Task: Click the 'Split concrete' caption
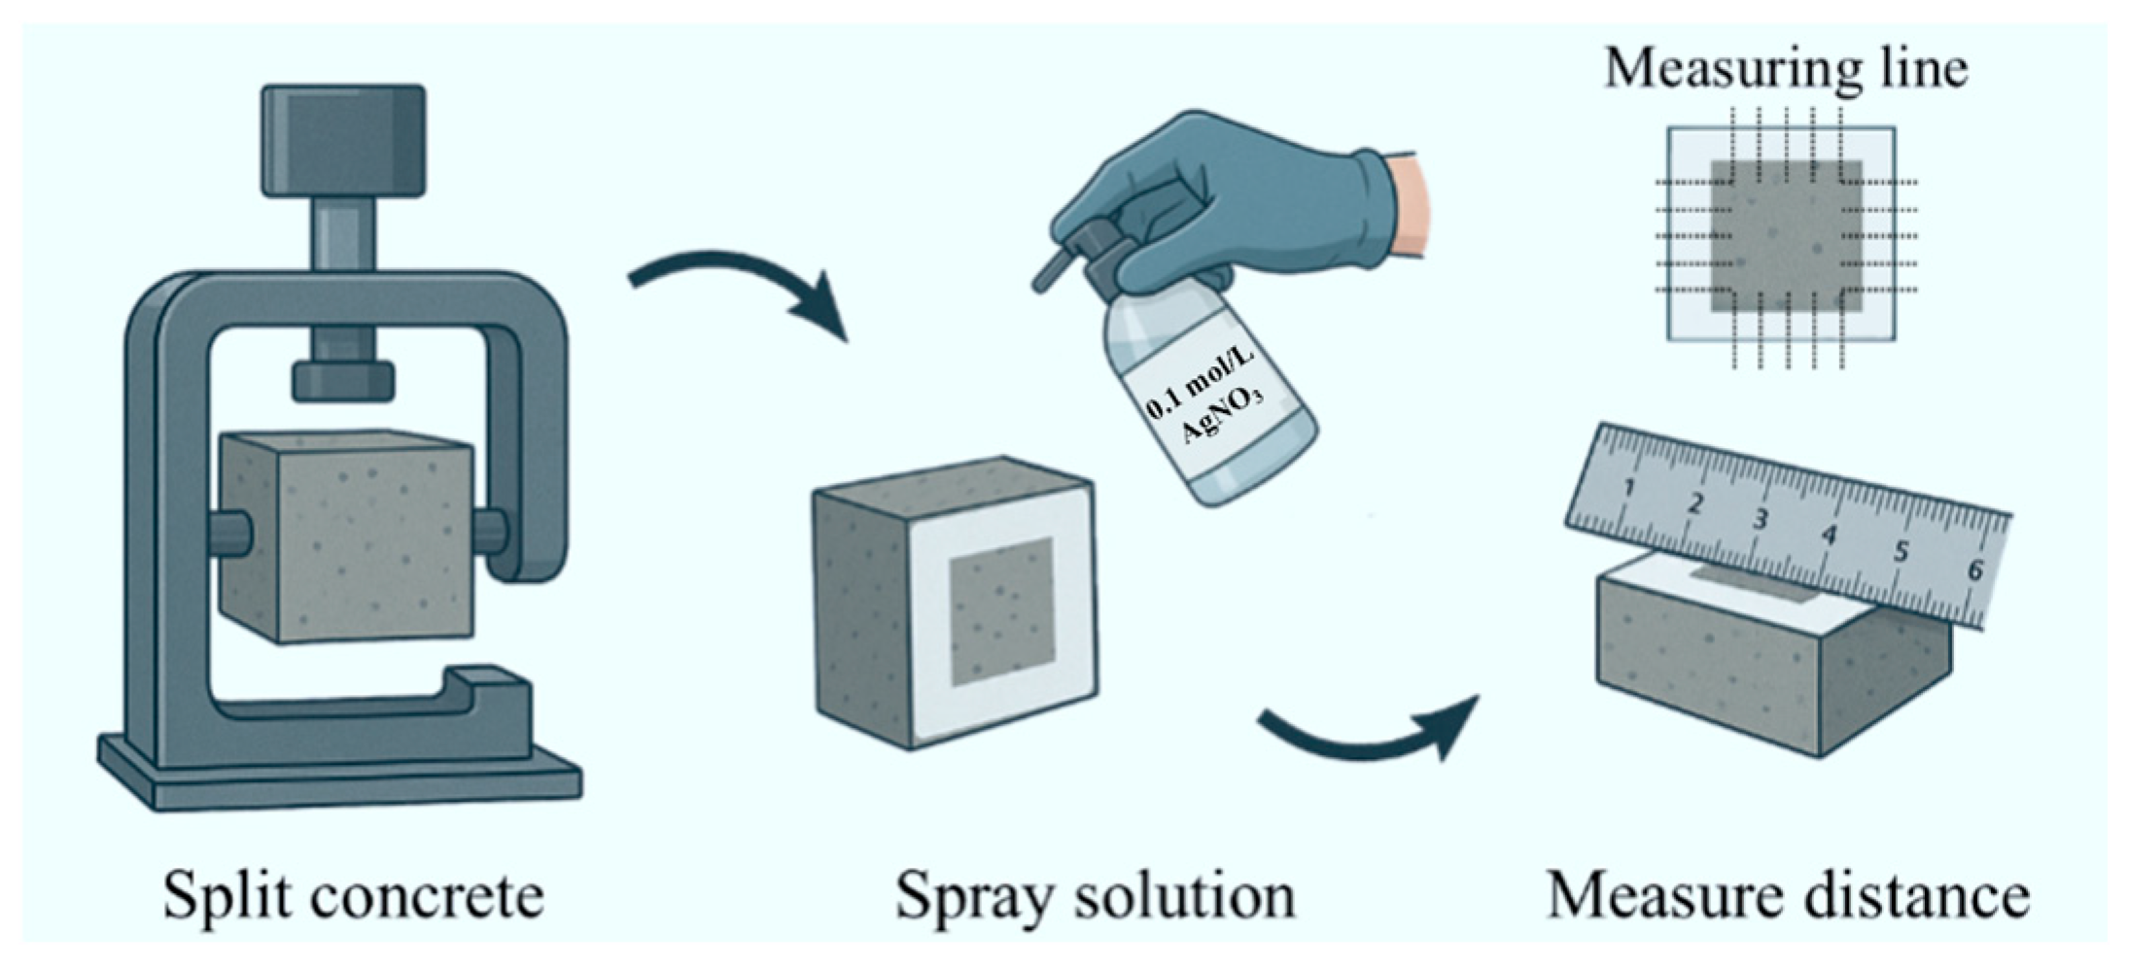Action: click(x=352, y=895)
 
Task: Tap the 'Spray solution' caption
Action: click(x=1095, y=895)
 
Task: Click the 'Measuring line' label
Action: click(x=1786, y=70)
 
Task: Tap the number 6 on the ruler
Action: click(x=1974, y=569)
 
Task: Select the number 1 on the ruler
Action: click(x=1629, y=487)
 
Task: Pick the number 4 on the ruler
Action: click(x=1830, y=535)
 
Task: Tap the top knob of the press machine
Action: click(x=343, y=141)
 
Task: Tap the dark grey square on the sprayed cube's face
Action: click(x=1001, y=610)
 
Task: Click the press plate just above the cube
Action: click(x=343, y=381)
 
